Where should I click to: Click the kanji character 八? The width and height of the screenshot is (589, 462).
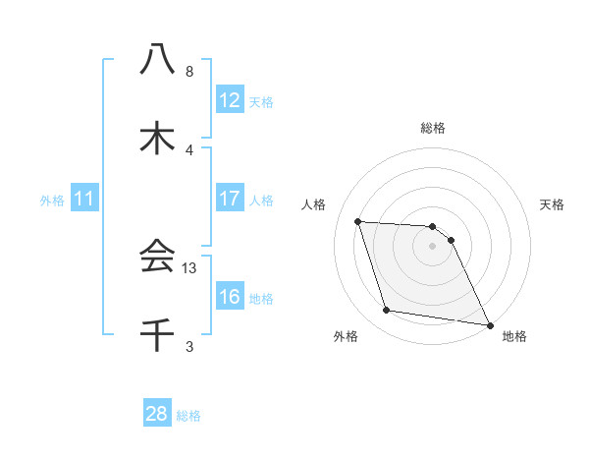(x=157, y=61)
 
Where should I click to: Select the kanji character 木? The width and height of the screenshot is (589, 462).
(x=157, y=139)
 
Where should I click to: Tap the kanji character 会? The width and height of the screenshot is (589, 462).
(x=157, y=257)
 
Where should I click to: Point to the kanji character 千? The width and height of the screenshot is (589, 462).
(x=157, y=335)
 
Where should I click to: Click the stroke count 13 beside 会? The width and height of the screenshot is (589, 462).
(x=190, y=267)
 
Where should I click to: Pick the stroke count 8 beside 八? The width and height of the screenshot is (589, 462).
(x=189, y=72)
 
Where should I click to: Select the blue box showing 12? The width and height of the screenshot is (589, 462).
(x=230, y=100)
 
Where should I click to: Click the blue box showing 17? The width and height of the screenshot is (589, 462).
(x=230, y=199)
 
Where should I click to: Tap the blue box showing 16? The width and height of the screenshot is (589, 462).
(x=230, y=297)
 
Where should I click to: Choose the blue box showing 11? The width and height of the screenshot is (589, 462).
(x=84, y=200)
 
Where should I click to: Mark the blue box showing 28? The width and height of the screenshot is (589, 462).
(x=157, y=414)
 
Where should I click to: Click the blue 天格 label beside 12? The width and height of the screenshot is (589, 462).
(x=261, y=101)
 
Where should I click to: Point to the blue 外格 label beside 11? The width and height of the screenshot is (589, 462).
(x=52, y=201)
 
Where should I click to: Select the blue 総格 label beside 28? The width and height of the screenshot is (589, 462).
(x=188, y=415)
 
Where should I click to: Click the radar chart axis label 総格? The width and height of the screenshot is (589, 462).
(x=433, y=128)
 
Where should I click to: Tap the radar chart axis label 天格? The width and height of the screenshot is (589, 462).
(x=553, y=204)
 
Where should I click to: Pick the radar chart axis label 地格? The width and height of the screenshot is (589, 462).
(x=514, y=336)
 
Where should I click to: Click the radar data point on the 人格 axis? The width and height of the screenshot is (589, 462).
(x=358, y=221)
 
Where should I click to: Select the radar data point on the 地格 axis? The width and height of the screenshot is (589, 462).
(x=489, y=323)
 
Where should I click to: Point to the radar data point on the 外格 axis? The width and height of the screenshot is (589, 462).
(x=387, y=311)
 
